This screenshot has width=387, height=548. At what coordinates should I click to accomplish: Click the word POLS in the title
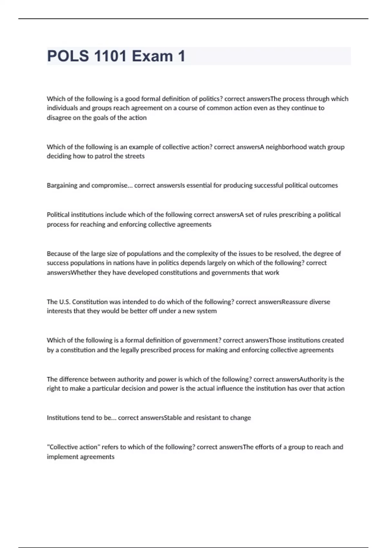point(68,56)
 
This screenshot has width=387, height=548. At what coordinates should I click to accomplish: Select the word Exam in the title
point(153,56)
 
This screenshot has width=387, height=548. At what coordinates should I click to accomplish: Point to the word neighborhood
point(286,147)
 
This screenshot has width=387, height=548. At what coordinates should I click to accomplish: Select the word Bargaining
point(62,185)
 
